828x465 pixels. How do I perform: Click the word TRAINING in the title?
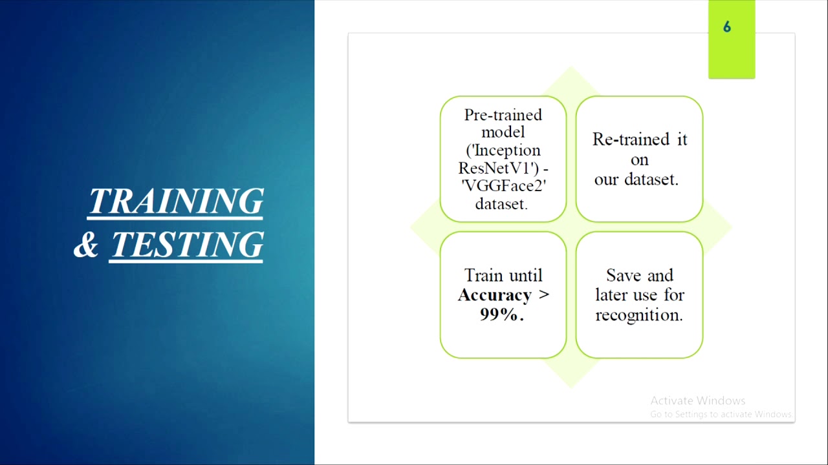coord(175,201)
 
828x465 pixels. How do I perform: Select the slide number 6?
coord(727,27)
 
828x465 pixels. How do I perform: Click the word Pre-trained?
coord(503,115)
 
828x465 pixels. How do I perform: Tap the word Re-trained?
coord(622,139)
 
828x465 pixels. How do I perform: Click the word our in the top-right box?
coord(606,180)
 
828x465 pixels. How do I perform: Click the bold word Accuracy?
coord(494,295)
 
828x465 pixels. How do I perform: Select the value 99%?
coord(501,315)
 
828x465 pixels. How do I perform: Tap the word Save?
coord(624,275)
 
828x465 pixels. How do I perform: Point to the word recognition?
coord(638,315)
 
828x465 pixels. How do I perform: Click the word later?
coord(613,295)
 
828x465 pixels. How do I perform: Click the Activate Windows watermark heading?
coord(697,400)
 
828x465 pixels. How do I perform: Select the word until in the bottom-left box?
coord(525,275)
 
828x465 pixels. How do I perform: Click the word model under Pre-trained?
coord(503,132)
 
